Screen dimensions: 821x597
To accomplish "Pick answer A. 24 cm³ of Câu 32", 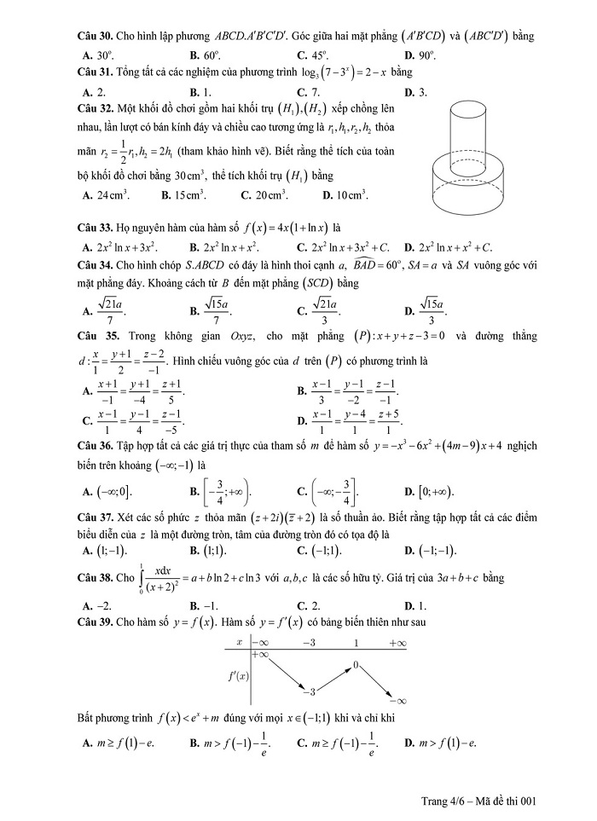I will pyautogui.click(x=107, y=194).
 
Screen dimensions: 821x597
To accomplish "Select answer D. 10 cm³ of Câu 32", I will pyautogui.click(x=345, y=194).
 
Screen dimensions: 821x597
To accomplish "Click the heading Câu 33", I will pyautogui.click(x=96, y=228).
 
